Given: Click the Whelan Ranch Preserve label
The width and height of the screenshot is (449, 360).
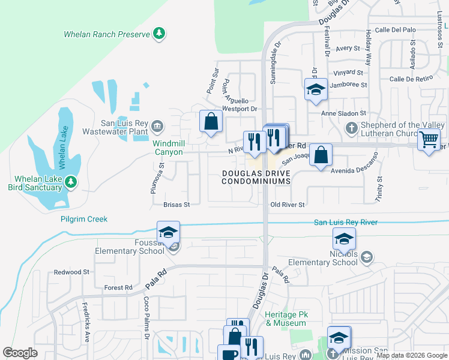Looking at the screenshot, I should [x=107, y=34].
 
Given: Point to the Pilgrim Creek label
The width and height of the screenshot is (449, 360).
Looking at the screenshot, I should [x=84, y=219].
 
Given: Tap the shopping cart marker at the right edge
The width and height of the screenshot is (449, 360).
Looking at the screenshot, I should [x=429, y=140].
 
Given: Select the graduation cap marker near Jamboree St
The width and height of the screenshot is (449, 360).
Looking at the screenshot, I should [x=316, y=90].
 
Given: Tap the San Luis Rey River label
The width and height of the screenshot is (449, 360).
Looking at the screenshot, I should [x=346, y=223].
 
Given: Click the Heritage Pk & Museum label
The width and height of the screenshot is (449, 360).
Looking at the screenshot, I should [x=286, y=319].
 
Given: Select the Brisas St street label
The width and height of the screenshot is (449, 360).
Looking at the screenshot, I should [x=176, y=205].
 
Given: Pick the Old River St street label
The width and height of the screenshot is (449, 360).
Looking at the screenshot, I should [x=288, y=205].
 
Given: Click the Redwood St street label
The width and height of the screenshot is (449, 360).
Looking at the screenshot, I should [x=71, y=272].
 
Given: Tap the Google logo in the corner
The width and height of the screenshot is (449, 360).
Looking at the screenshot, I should [x=20, y=353].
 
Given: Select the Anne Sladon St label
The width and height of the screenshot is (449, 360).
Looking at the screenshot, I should [x=343, y=113].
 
